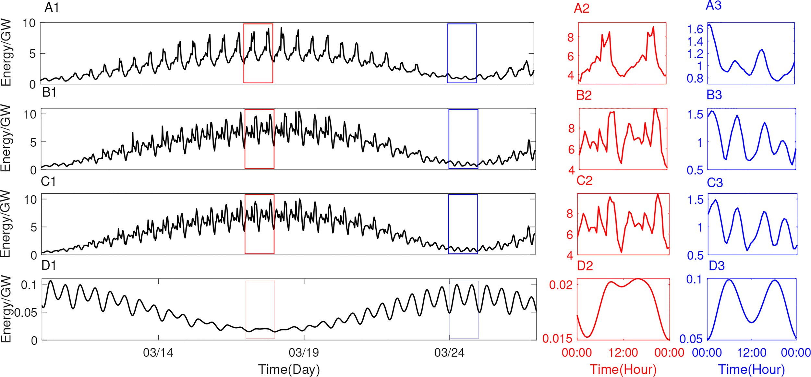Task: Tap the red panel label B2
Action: click(584, 95)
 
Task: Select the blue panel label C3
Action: click(715, 183)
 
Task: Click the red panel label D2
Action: click(585, 266)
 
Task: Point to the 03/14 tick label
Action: click(158, 352)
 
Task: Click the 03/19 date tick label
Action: click(304, 352)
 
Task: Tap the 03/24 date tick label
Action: click(449, 352)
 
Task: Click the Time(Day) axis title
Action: click(289, 369)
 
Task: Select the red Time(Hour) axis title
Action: click(623, 369)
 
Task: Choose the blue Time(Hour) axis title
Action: click(751, 369)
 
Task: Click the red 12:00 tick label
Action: click(623, 352)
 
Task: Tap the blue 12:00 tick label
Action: click(751, 352)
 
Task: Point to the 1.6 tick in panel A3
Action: click(695, 29)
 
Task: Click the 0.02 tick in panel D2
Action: click(561, 285)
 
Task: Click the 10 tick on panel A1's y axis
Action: click(29, 23)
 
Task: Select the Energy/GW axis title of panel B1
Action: click(6, 138)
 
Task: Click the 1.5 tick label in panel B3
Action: click(695, 115)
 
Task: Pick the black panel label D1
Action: click(49, 265)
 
